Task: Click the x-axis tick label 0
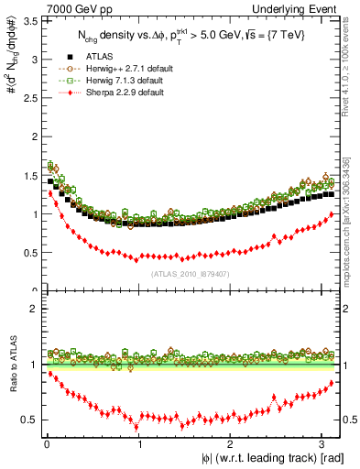click(x=47, y=446)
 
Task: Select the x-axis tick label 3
click(x=322, y=446)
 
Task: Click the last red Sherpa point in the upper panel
click(x=331, y=214)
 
